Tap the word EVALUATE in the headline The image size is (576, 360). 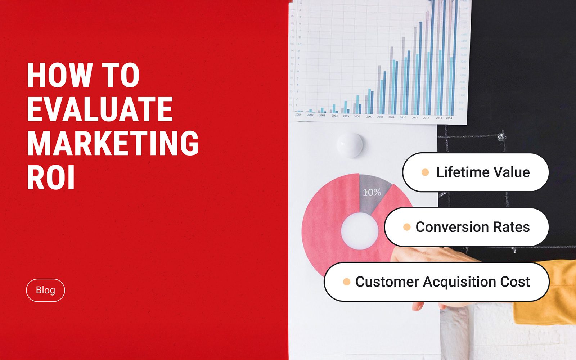(x=100, y=109)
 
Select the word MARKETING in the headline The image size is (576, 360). (x=113, y=143)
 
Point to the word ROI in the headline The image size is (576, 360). (x=51, y=177)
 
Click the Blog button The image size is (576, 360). (x=45, y=290)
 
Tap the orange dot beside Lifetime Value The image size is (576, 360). (x=425, y=172)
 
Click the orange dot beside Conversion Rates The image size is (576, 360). (x=407, y=227)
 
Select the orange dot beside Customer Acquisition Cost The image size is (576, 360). (x=347, y=282)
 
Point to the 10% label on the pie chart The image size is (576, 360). (x=372, y=192)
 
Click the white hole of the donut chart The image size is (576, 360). (x=359, y=231)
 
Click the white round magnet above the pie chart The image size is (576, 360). (x=350, y=145)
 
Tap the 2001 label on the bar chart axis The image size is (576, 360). (x=298, y=114)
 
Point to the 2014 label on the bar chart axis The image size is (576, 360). (x=449, y=118)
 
